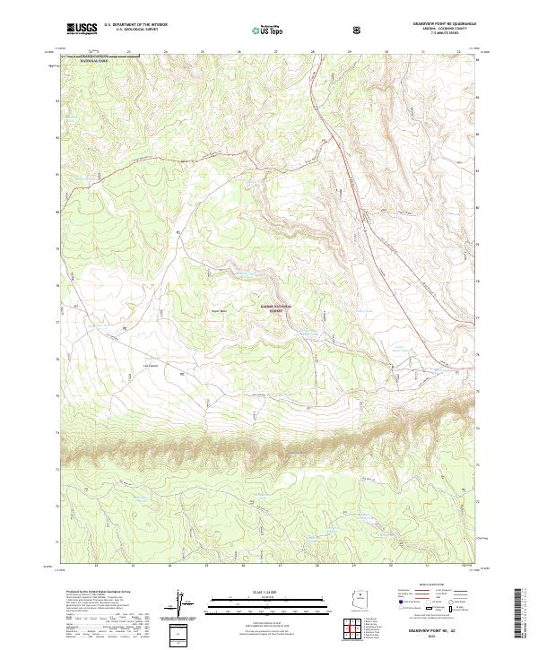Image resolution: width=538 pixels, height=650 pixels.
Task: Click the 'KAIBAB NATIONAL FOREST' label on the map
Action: (281, 308)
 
